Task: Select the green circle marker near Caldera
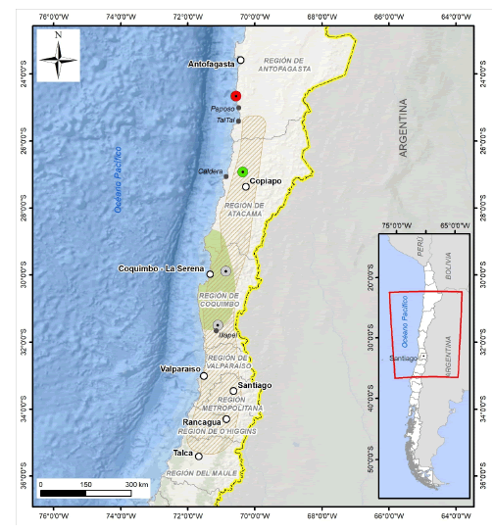[242, 171]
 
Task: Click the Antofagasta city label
[211, 64]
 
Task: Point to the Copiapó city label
[266, 180]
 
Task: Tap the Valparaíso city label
[179, 369]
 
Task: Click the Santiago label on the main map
[253, 385]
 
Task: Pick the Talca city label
[183, 454]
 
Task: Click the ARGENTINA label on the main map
[402, 128]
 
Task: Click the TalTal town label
[226, 121]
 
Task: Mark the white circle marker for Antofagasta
[240, 60]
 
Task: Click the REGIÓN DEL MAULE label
[195, 473]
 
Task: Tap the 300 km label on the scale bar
[137, 484]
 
